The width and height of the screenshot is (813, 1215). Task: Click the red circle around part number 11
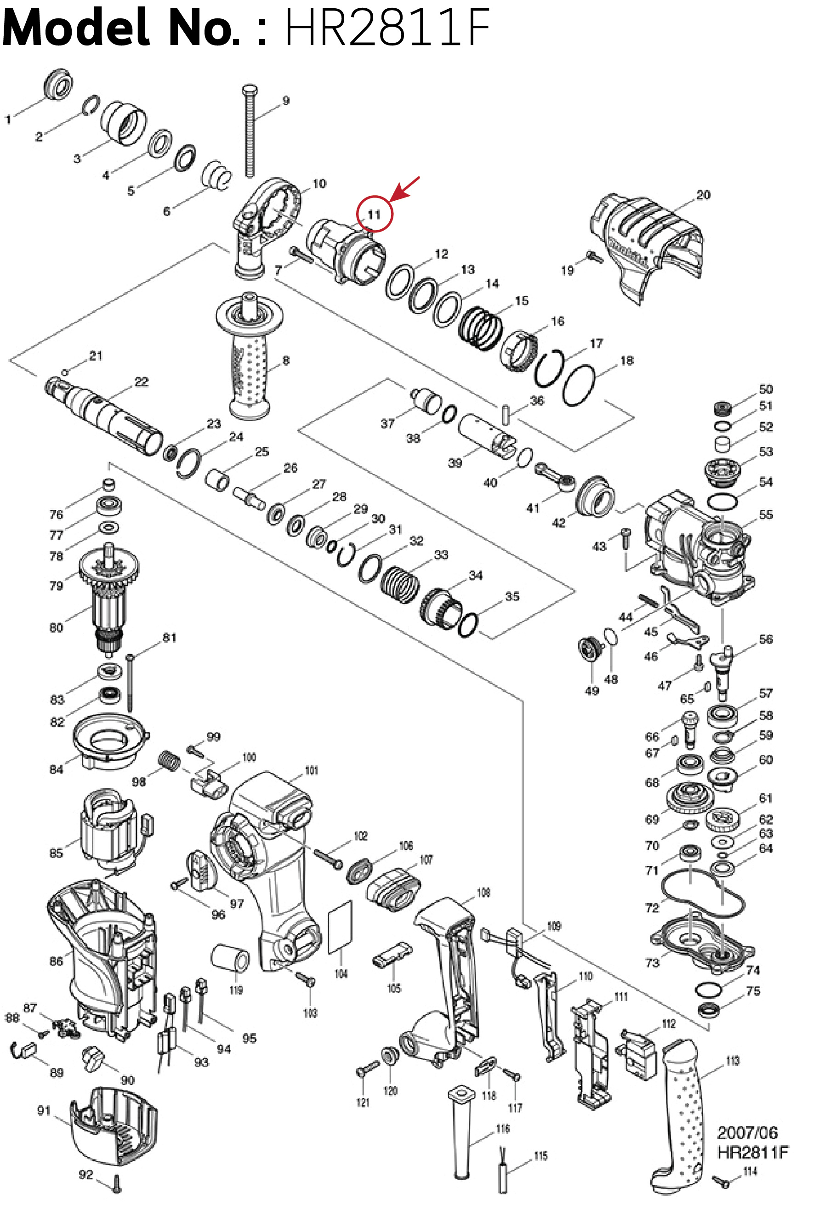coord(375,214)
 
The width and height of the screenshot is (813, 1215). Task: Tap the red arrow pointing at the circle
coord(405,189)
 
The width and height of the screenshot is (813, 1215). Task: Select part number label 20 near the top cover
coord(703,195)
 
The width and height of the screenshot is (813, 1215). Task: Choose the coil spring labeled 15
coord(482,327)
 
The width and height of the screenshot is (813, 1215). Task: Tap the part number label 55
coord(766,514)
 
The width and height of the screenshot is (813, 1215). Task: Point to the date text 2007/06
coord(747,1133)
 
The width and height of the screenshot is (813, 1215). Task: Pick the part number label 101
coord(311,770)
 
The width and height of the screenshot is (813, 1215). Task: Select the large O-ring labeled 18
coord(578,386)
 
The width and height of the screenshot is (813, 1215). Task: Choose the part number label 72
coord(652,908)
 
